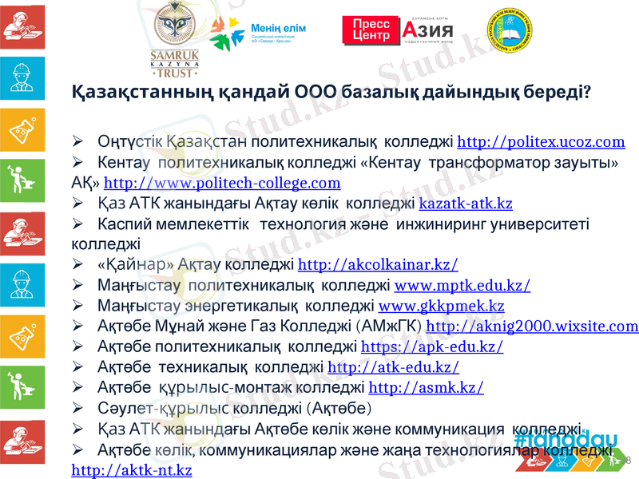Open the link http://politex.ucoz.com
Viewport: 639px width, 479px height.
click(541, 143)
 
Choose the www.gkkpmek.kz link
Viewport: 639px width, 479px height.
click(441, 306)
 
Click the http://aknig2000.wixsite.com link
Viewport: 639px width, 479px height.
click(533, 327)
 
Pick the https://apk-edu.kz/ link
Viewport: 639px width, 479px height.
click(432, 347)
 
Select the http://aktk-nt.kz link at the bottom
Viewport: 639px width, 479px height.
click(132, 470)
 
